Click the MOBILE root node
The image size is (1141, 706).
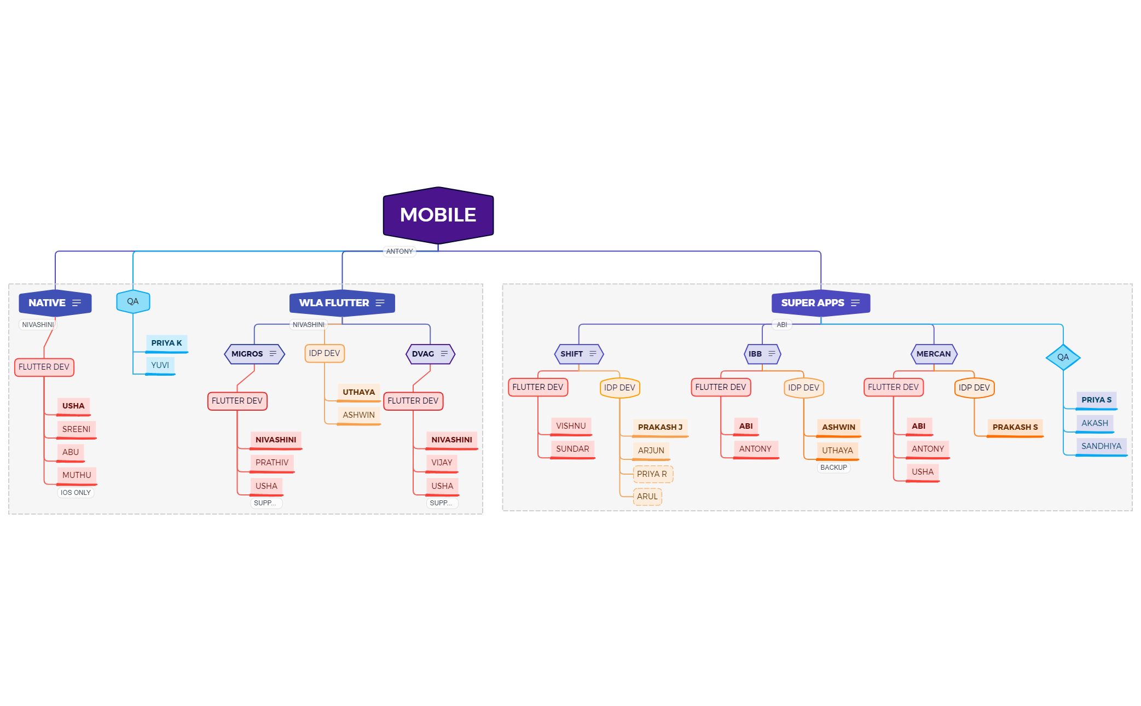pos(438,215)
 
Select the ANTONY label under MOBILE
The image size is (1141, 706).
pos(399,252)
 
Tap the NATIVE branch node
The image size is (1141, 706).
pos(55,303)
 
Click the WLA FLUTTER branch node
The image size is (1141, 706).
pos(341,303)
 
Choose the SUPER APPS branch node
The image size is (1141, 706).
pos(820,303)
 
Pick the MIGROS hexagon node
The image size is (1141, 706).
pos(254,354)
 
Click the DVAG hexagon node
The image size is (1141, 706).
pos(430,354)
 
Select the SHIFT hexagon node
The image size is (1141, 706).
pos(578,354)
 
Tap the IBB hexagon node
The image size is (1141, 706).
pos(762,354)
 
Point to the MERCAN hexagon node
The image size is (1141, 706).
pos(933,354)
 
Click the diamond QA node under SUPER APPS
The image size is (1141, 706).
pos(1062,357)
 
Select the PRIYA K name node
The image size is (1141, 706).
pos(166,343)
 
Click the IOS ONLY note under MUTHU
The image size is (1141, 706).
pos(76,493)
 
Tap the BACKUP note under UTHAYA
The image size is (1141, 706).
pos(833,468)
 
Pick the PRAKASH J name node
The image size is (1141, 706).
pos(659,427)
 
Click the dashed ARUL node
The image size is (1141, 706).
pos(647,497)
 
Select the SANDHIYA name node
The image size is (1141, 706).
pos(1101,446)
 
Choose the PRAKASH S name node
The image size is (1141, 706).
pos(1015,427)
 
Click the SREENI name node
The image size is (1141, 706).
pos(76,429)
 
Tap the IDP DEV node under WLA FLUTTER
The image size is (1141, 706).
pos(324,353)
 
